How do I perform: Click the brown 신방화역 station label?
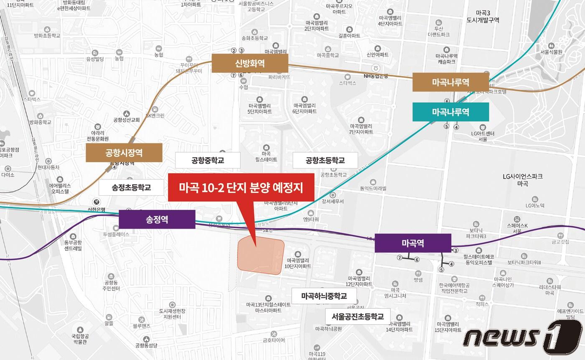pos(250,63)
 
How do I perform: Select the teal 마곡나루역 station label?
pos(450,112)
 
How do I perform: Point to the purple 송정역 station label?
pos(157,219)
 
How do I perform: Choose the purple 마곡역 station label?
pos(413,243)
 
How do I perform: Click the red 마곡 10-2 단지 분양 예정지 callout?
pos(241,187)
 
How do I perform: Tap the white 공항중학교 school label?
pos(208,160)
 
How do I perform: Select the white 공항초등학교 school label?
pos(325,160)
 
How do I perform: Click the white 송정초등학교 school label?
pos(131,187)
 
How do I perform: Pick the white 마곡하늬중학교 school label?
pos(324,296)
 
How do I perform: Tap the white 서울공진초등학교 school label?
pos(358,316)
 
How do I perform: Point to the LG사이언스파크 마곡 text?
pos(523,180)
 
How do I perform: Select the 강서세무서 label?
pos(333,201)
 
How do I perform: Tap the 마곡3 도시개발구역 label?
pos(483,16)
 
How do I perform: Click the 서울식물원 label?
pos(551,52)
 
